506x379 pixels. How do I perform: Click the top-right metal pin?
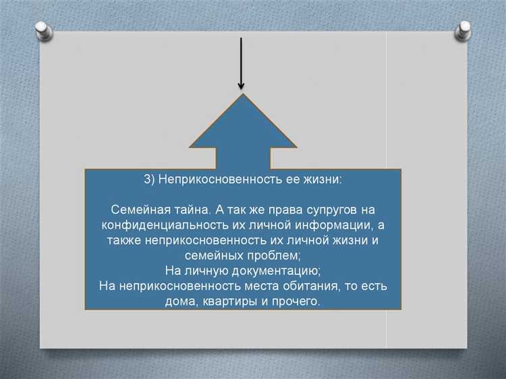click(x=463, y=29)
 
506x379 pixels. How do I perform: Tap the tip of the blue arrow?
click(x=242, y=95)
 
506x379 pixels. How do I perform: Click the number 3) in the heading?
click(x=150, y=180)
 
